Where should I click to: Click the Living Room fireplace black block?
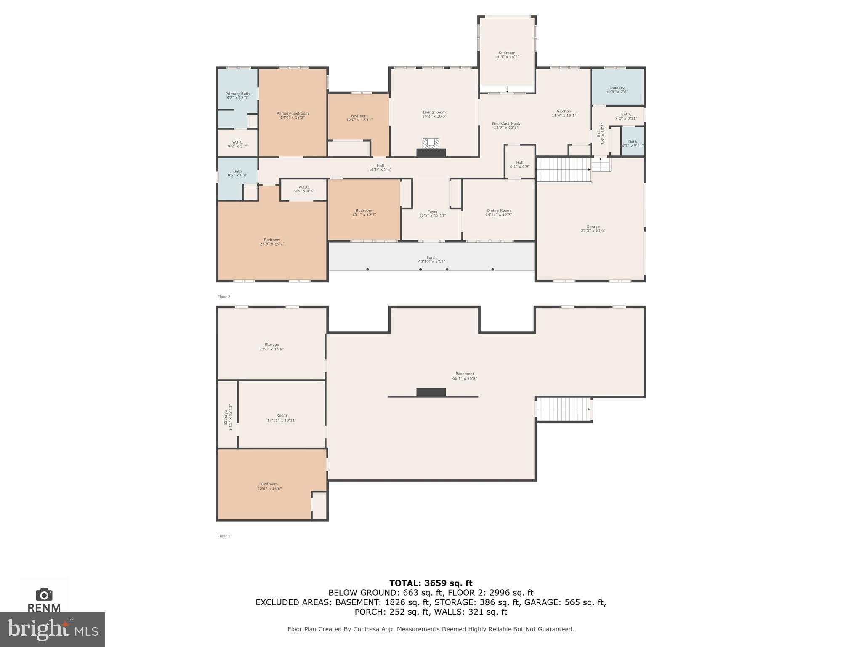click(x=431, y=153)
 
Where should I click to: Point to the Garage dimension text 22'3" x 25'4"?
click(x=593, y=231)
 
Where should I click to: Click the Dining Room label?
click(x=498, y=211)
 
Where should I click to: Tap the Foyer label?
click(x=432, y=212)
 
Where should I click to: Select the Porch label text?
click(x=431, y=257)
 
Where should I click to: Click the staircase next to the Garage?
click(x=563, y=170)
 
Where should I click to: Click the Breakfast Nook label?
click(x=506, y=124)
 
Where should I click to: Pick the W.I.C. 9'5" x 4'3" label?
click(x=304, y=189)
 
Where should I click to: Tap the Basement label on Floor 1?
click(x=464, y=374)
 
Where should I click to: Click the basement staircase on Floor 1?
click(x=563, y=409)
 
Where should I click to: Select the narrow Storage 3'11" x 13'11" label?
click(x=228, y=417)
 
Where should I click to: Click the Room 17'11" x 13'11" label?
click(x=282, y=418)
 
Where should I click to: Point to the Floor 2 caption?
click(x=224, y=297)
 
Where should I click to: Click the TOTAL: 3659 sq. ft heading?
click(x=431, y=583)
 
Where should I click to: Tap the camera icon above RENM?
click(x=44, y=594)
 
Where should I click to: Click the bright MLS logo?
click(x=53, y=629)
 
